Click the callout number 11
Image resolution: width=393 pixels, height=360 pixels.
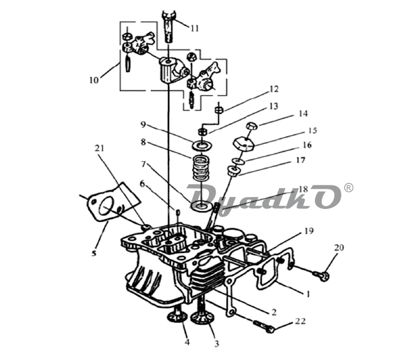[194, 28]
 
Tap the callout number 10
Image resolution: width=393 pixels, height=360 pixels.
[94, 80]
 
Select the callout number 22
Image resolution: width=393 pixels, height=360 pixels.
[300, 321]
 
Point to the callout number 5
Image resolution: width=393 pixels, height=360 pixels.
[94, 253]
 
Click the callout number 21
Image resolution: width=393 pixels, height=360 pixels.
[99, 148]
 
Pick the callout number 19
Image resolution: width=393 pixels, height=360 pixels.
[309, 231]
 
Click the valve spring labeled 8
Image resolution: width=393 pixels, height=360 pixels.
[200, 167]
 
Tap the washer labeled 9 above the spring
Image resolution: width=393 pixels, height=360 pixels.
[202, 145]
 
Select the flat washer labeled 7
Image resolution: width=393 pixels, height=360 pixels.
[201, 206]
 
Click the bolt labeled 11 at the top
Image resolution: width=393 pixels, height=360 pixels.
[169, 26]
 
